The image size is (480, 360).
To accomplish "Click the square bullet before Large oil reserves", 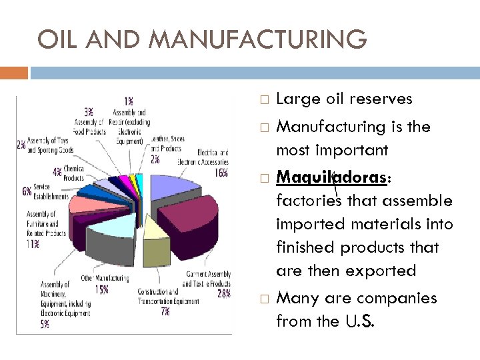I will (x=264, y=100).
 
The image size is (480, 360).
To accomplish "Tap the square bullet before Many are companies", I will (x=264, y=299).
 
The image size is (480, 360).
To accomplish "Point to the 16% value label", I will (x=221, y=173).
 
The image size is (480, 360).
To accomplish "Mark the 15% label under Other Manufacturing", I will (x=101, y=289).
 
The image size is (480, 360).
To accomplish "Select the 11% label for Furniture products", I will (x=33, y=244).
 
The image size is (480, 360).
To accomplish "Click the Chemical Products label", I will (x=73, y=174).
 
